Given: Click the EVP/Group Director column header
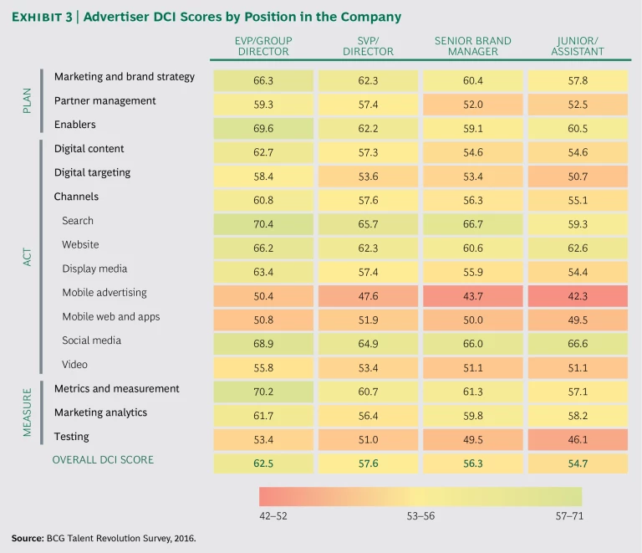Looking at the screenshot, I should tap(263, 46).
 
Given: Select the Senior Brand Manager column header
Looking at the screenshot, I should tap(473, 46).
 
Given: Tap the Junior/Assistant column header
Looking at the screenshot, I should tap(578, 46).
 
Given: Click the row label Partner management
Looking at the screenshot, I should tap(104, 101).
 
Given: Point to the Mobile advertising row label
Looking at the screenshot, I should tap(104, 293).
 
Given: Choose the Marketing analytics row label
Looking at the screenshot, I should tap(100, 412).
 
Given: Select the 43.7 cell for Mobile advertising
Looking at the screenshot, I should tap(473, 296).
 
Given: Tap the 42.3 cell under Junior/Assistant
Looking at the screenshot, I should tap(578, 296).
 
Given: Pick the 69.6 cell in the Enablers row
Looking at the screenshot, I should tap(263, 129).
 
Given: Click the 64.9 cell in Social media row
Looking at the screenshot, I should tap(369, 344).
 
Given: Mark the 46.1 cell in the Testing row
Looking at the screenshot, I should tap(578, 440).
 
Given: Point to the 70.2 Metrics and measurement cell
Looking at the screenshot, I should tap(263, 392).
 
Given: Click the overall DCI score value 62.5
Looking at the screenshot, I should tap(263, 463).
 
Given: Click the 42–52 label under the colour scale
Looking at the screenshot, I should tap(275, 516).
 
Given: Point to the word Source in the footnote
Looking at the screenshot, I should tap(28, 539).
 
